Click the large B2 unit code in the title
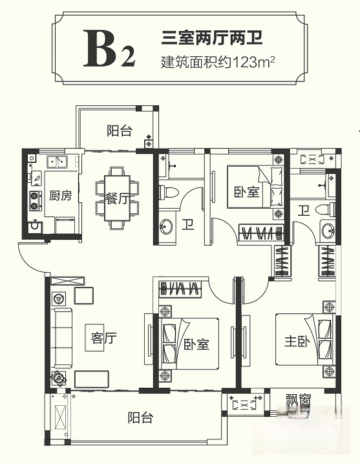(109, 49)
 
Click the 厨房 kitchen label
(60, 196)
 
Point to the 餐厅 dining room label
(116, 198)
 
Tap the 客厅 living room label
(103, 337)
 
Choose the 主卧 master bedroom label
(296, 341)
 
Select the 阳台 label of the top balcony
(119, 131)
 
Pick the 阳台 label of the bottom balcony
(140, 417)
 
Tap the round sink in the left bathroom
(167, 226)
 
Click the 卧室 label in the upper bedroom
(244, 193)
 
